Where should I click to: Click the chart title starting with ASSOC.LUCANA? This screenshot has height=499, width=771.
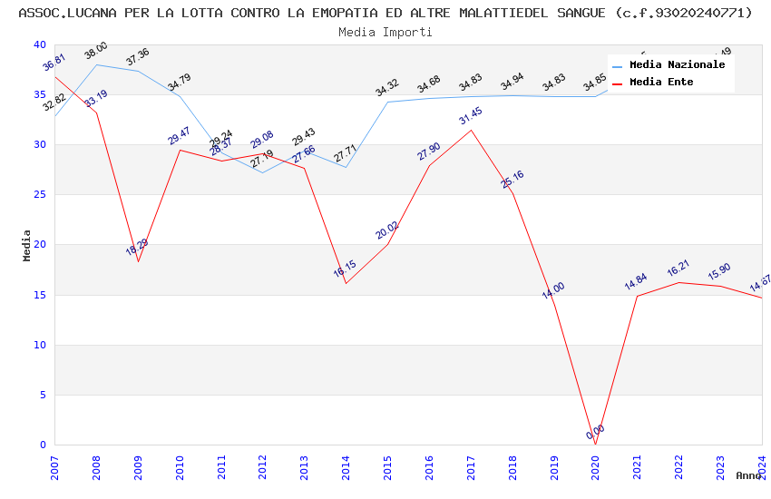(385, 13)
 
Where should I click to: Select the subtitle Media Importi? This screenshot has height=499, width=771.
(385, 32)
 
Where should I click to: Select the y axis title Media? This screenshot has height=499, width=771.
(27, 245)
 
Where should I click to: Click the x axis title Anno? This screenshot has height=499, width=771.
(748, 475)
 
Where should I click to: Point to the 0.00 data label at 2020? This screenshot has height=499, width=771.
(595, 433)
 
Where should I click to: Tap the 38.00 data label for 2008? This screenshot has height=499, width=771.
(96, 51)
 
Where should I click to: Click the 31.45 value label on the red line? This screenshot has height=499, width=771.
(471, 117)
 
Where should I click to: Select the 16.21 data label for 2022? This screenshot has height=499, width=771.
(678, 269)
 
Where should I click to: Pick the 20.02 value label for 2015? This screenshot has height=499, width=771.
(387, 230)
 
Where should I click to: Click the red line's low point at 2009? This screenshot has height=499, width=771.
(138, 261)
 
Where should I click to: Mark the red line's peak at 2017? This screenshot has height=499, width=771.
(471, 130)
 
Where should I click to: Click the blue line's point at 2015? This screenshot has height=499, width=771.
(387, 102)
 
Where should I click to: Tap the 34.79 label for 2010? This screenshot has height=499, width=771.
(179, 83)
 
